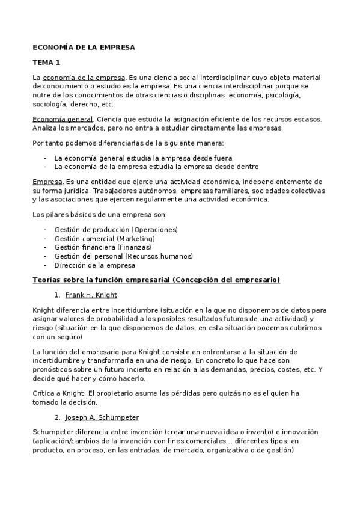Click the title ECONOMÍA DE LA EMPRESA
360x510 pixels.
tap(84, 46)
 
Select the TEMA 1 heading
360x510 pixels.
tap(46, 62)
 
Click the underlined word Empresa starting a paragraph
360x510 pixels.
tap(46, 182)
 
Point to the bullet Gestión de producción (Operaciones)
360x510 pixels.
tap(115, 229)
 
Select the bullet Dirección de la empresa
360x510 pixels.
tap(94, 265)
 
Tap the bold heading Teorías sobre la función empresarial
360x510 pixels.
tap(156, 280)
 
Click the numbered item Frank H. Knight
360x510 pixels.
tap(91, 295)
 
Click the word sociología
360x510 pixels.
tap(50, 104)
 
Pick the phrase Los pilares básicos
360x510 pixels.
tap(67, 215)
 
